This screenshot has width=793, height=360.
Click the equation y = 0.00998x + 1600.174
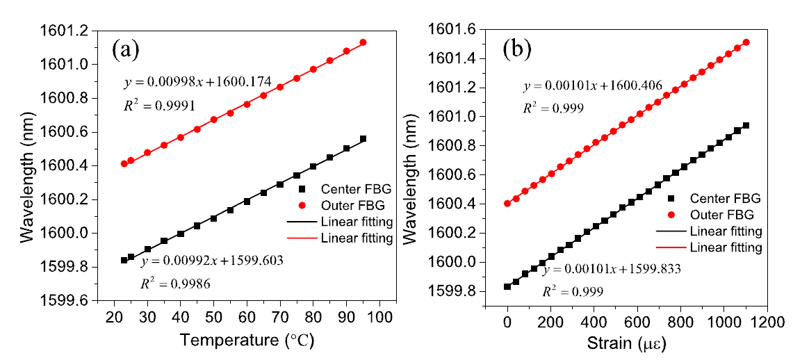pyautogui.click(x=197, y=82)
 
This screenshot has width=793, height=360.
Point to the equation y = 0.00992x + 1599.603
pyautogui.click(x=213, y=261)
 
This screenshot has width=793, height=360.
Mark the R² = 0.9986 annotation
pyautogui.click(x=176, y=285)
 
